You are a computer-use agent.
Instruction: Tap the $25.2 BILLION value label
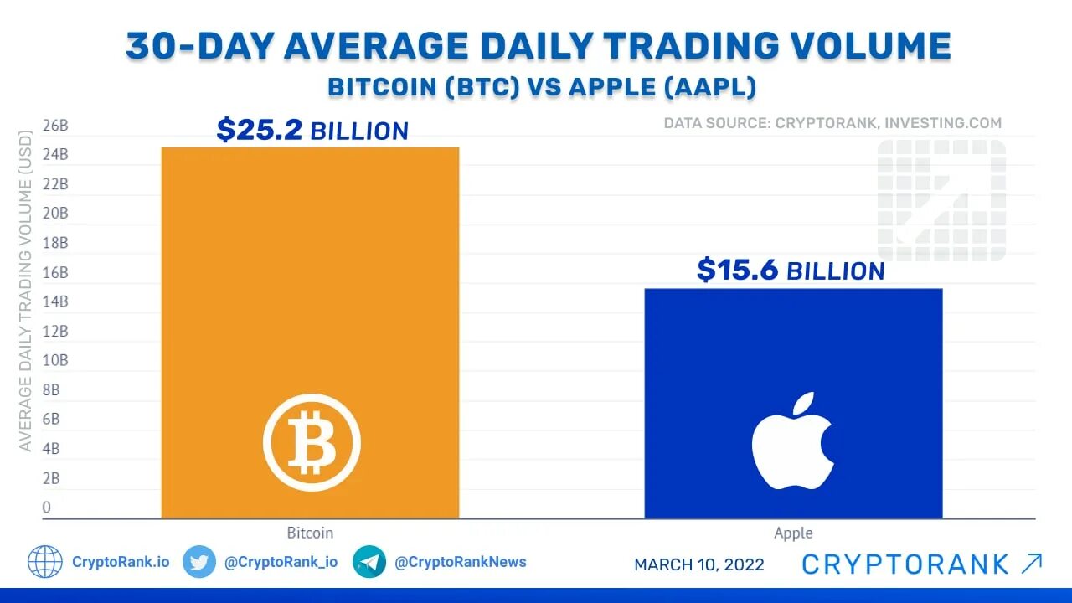312,131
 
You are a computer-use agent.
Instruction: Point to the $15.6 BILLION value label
791,271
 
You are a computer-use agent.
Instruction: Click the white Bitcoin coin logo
312,441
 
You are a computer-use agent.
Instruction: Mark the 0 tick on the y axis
47,507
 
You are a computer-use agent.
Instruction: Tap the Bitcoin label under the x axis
310,533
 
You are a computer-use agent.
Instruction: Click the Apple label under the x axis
793,533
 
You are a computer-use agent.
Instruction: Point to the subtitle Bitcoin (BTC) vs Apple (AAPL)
542,87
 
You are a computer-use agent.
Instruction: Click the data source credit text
832,123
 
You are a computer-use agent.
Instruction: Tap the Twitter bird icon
199,562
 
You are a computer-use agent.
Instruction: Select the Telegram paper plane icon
369,562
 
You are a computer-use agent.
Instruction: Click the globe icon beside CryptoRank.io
45,562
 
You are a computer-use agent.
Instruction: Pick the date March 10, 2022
699,564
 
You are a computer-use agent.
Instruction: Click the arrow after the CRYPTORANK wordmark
1032,564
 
